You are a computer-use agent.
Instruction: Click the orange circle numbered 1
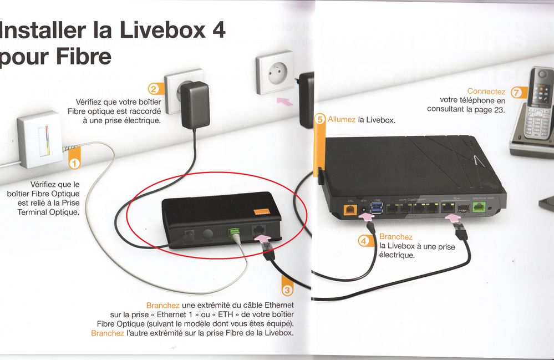coord(74,164)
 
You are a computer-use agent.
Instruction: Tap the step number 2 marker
coord(154,89)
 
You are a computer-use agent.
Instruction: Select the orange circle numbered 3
coord(287,290)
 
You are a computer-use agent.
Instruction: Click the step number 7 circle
coord(517,93)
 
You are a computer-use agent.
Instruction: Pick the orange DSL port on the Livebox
coord(350,210)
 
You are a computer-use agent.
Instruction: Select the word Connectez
coord(486,91)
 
